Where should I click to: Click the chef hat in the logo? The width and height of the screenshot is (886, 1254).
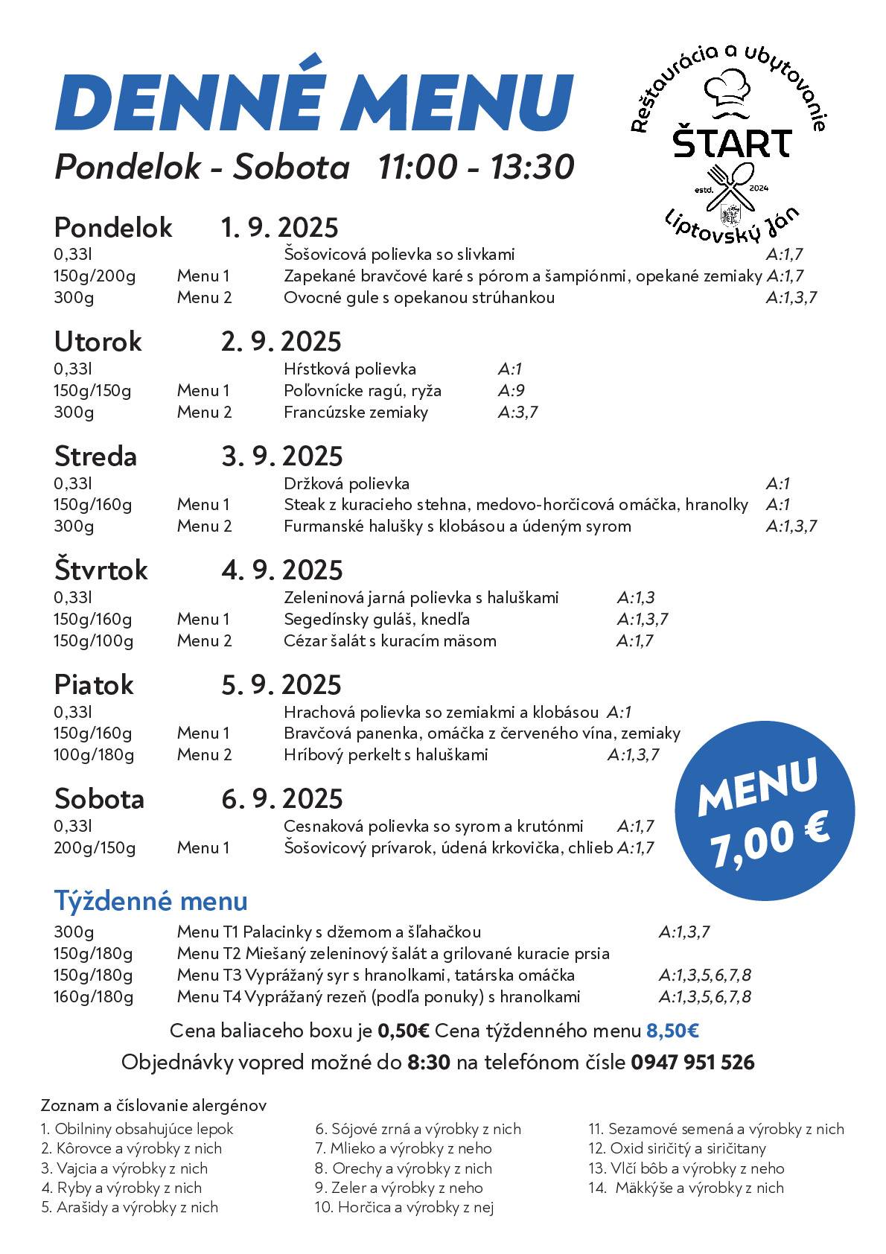coord(728,88)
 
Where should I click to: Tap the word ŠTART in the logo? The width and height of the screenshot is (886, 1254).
coord(732,143)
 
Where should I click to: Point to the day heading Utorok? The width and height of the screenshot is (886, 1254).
coord(98,342)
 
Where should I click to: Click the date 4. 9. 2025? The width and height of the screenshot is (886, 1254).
coord(281,570)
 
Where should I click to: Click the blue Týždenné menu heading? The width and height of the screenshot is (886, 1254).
coord(150,901)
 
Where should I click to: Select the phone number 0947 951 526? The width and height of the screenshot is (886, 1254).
coord(692,1062)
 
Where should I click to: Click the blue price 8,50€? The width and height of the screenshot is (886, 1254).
coord(672,1031)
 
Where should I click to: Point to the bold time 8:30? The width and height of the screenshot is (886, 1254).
coord(429,1062)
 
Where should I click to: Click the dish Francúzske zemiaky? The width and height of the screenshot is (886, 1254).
coord(356,413)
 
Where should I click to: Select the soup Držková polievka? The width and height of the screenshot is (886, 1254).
coord(346,484)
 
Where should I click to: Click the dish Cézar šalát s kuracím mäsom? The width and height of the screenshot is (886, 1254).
coord(389,641)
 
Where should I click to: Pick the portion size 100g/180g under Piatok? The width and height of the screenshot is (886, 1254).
coord(94,755)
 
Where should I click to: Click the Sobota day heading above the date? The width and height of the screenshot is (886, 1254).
coord(99,799)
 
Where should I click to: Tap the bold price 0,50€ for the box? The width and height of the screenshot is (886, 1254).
coord(404,1031)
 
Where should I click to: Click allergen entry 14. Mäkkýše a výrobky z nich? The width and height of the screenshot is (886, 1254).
coord(686,1188)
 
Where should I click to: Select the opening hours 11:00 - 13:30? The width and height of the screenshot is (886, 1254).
coord(476,167)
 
